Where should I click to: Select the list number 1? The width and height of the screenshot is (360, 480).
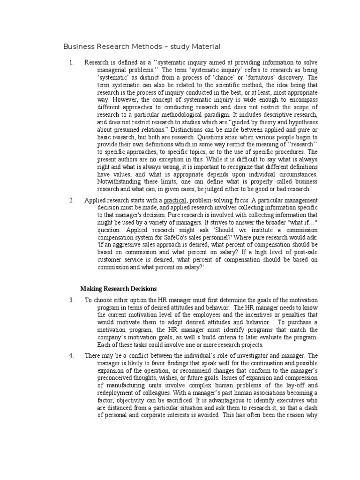[x=71, y=62]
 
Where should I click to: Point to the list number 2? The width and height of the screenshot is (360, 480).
[x=71, y=200]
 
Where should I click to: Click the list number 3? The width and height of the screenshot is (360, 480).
[x=71, y=299]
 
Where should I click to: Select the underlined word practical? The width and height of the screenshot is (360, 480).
[x=175, y=200]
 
